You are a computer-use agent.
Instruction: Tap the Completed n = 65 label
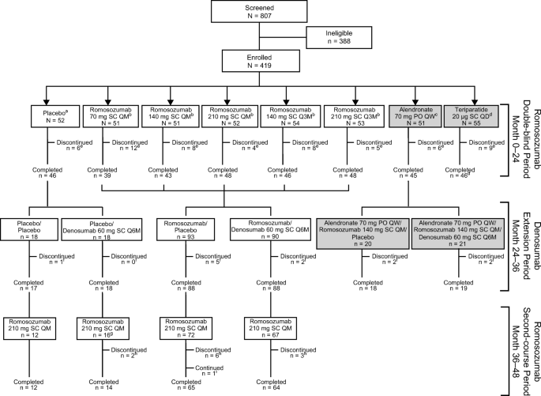click(x=184, y=385)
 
